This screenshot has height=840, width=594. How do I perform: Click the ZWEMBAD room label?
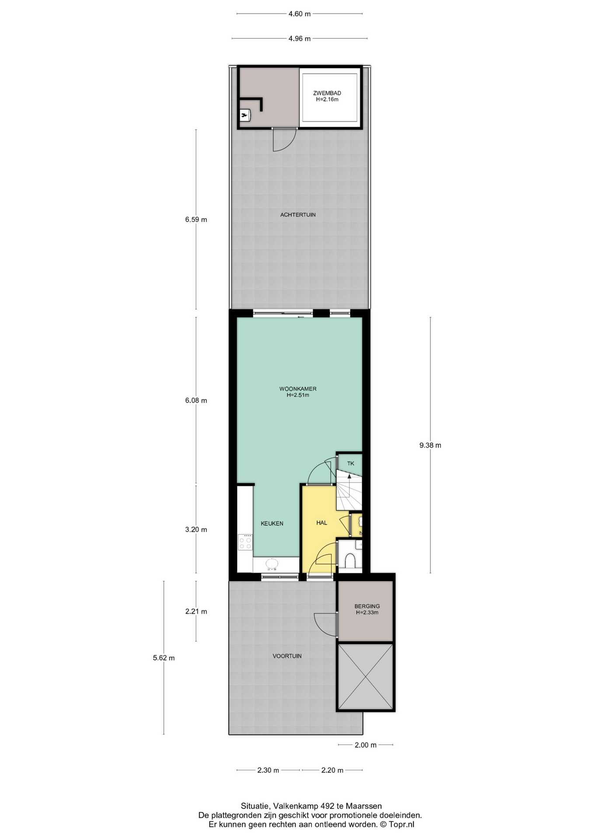[327, 93]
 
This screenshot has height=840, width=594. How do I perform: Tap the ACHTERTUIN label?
[298, 215]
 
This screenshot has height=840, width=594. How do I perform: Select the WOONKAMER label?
[298, 389]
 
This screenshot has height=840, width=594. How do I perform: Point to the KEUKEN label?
[272, 523]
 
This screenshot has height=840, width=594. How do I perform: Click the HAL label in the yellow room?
[321, 523]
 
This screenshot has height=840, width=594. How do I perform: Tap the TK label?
[350, 463]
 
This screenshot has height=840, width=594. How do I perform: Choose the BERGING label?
[367, 606]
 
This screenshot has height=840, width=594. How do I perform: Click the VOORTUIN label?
[287, 656]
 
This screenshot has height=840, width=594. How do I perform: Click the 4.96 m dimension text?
[300, 38]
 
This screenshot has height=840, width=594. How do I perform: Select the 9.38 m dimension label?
[430, 445]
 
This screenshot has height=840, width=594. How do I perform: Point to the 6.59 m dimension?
[196, 220]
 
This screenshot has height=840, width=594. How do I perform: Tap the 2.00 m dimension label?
[366, 745]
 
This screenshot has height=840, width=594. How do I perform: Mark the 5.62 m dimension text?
[164, 658]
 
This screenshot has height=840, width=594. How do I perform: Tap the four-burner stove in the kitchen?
[245, 542]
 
